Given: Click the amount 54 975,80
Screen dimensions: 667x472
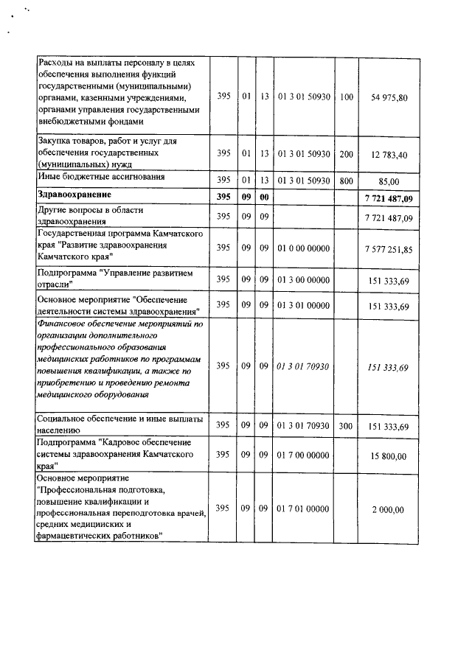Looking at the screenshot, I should coord(392,98).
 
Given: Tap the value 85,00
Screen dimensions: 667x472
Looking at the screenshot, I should coord(392,181).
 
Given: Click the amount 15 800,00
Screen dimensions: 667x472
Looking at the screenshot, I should coord(392,455).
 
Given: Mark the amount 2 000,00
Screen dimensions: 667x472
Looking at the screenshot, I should coord(392,509).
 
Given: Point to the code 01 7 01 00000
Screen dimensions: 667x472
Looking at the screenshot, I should coord(303,509).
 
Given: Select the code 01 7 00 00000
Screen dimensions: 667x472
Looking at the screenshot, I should coord(303,455).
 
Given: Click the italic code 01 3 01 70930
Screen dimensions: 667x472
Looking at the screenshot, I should coord(303,366).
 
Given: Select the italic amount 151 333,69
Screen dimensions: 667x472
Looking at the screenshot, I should coord(392,366).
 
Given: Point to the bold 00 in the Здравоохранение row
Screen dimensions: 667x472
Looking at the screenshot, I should coord(263,197).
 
